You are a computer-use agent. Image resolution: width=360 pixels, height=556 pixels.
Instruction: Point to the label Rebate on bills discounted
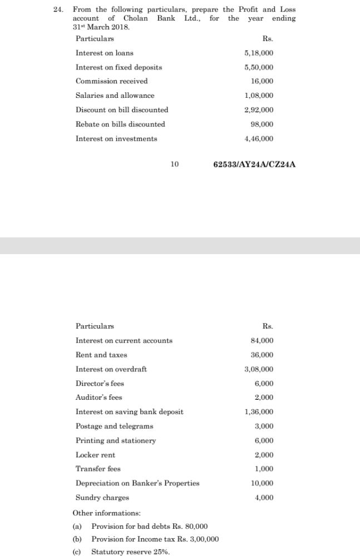click(x=120, y=124)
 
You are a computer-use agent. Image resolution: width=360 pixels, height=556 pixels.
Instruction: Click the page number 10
click(x=175, y=165)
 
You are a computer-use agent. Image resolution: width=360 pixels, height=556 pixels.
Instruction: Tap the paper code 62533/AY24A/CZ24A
click(x=254, y=165)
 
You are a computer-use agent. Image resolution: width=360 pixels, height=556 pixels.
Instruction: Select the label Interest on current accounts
click(x=124, y=340)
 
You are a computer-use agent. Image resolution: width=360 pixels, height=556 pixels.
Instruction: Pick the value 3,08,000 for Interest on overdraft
click(x=259, y=369)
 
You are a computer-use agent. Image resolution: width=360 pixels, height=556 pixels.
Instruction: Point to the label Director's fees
click(x=100, y=384)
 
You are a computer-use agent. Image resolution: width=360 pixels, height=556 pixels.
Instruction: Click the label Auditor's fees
click(x=98, y=398)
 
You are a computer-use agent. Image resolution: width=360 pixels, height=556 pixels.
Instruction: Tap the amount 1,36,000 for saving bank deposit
click(x=259, y=412)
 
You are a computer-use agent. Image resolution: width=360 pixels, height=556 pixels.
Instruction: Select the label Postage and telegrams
click(x=114, y=426)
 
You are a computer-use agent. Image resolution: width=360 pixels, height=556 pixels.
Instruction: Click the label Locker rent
click(x=95, y=455)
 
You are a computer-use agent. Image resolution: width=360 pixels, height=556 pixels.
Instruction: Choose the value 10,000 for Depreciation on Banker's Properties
click(x=262, y=483)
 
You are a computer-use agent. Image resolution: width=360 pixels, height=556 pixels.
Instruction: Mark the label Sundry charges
click(x=102, y=498)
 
